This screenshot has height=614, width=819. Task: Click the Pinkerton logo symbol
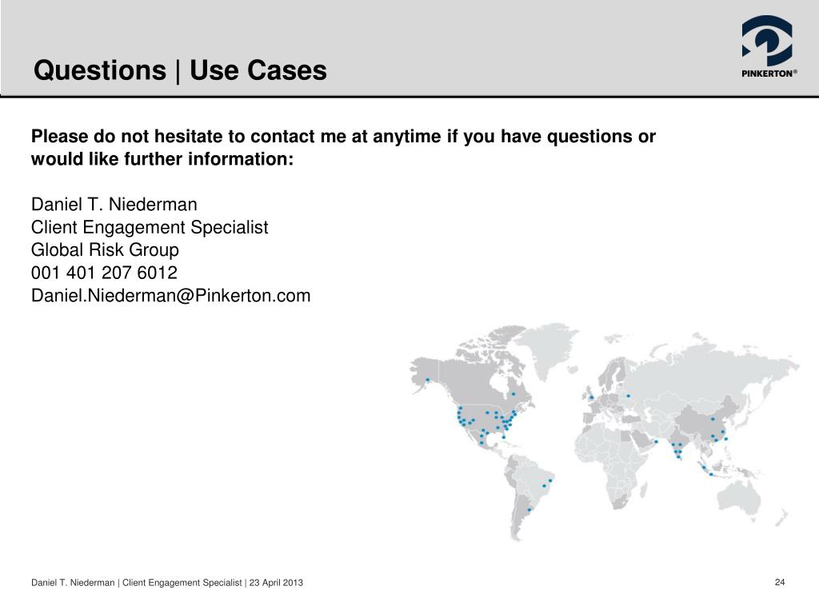click(766, 41)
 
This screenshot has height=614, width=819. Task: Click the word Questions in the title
click(98, 71)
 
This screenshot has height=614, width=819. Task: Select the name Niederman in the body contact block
click(150, 205)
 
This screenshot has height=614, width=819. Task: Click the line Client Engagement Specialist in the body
click(150, 227)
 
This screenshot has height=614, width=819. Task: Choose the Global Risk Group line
click(105, 249)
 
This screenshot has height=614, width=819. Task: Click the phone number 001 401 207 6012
click(104, 273)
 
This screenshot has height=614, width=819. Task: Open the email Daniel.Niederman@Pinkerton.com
click(170, 296)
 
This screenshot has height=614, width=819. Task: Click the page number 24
click(780, 581)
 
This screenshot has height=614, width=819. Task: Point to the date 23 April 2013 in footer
click(276, 583)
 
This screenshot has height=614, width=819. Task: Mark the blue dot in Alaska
click(427, 379)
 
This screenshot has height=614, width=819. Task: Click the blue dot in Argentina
click(529, 509)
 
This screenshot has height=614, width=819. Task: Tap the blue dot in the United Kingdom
click(591, 397)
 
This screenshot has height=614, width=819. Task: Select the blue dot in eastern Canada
click(513, 394)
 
